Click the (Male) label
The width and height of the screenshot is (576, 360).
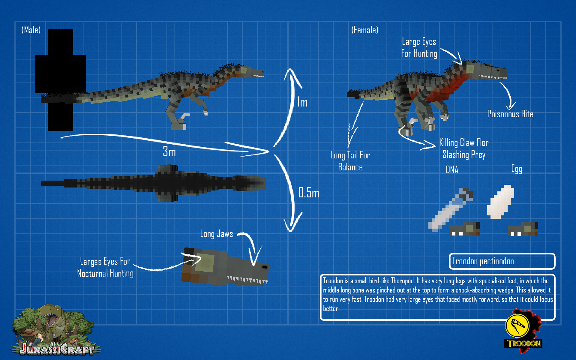pos(31,30)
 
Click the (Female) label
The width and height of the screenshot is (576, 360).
pos(364,30)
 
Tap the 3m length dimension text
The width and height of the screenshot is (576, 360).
pos(169,151)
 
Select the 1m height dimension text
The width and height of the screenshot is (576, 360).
pos(302,103)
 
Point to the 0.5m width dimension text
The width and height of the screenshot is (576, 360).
pos(309,193)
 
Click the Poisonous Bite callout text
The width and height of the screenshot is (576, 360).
pos(510,114)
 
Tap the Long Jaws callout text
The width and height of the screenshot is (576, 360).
pos(216,234)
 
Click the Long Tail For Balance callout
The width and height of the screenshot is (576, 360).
pos(350,161)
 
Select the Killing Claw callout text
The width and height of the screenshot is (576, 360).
pos(464,148)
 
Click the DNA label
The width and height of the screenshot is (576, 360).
pos(452,170)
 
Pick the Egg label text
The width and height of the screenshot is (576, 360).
pos(517,169)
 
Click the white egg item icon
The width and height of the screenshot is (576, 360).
pos(500,202)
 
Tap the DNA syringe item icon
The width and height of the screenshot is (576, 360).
pos(450,210)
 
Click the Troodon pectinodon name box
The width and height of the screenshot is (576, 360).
pos(502,261)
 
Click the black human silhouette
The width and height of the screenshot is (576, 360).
pos(60,79)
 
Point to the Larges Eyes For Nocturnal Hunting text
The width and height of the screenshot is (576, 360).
pos(105,267)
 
